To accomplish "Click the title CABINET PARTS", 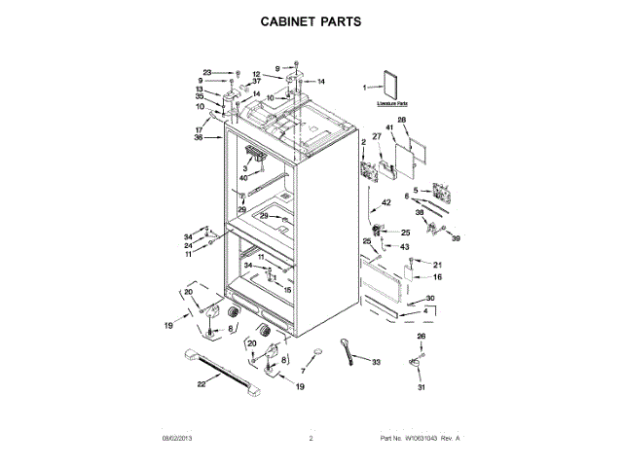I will click(x=311, y=19).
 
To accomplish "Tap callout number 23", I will click(x=207, y=73).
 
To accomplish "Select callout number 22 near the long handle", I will click(x=202, y=384).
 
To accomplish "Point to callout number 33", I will click(x=378, y=362).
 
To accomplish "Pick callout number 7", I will click(x=303, y=372).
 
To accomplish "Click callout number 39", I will click(x=455, y=237).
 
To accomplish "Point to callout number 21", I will click(x=437, y=265).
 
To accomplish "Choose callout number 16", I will click(x=437, y=277).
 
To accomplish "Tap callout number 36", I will click(x=199, y=137).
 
